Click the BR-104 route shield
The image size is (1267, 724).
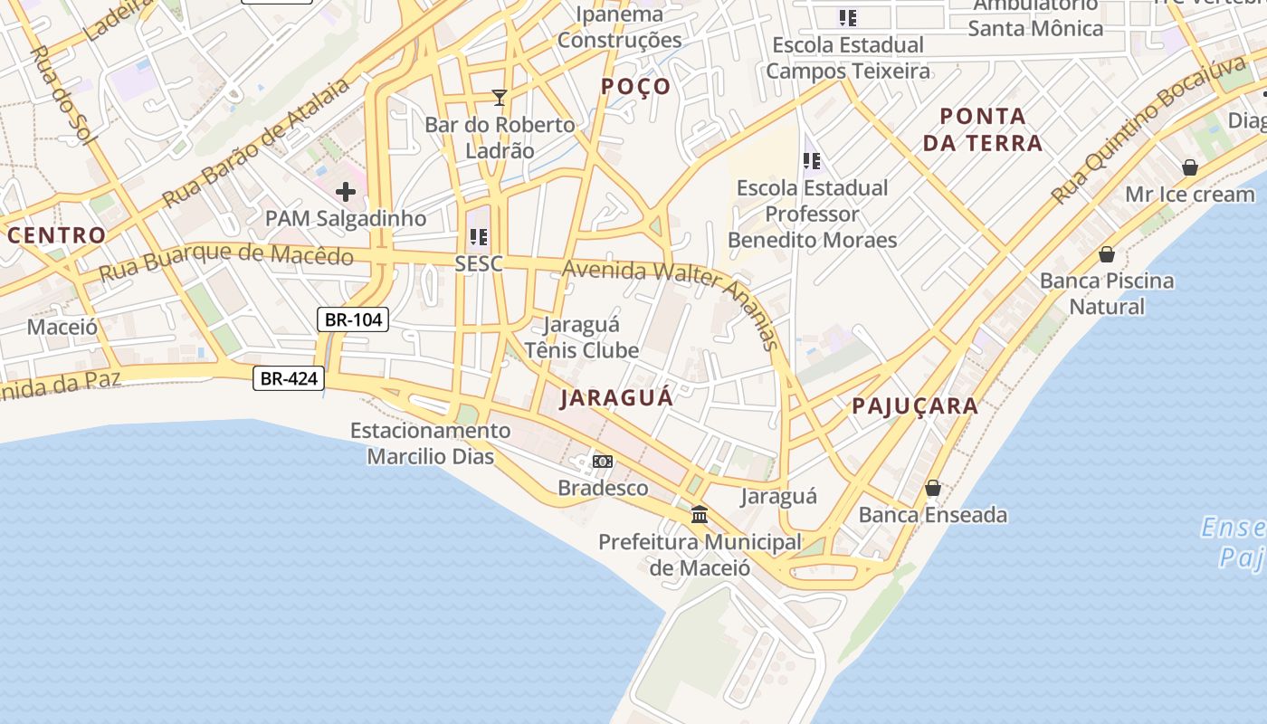[353, 319]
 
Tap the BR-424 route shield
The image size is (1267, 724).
[288, 378]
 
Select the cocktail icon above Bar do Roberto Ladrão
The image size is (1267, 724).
[499, 97]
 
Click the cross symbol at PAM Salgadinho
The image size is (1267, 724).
[345, 192]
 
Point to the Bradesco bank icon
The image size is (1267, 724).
[603, 462]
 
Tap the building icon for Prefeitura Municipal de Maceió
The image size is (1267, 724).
[700, 515]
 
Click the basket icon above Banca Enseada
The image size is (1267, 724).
[933, 489]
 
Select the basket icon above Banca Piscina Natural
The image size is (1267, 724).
[1106, 254]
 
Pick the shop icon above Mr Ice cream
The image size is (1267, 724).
[1189, 167]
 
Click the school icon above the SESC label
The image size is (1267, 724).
[479, 237]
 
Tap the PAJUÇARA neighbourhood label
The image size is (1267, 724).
[915, 406]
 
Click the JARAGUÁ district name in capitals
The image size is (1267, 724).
[616, 398]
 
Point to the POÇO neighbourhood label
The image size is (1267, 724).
[637, 87]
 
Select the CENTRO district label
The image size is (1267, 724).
[57, 235]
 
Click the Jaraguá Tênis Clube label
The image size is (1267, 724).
[582, 338]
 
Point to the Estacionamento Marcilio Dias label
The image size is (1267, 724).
[431, 443]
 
